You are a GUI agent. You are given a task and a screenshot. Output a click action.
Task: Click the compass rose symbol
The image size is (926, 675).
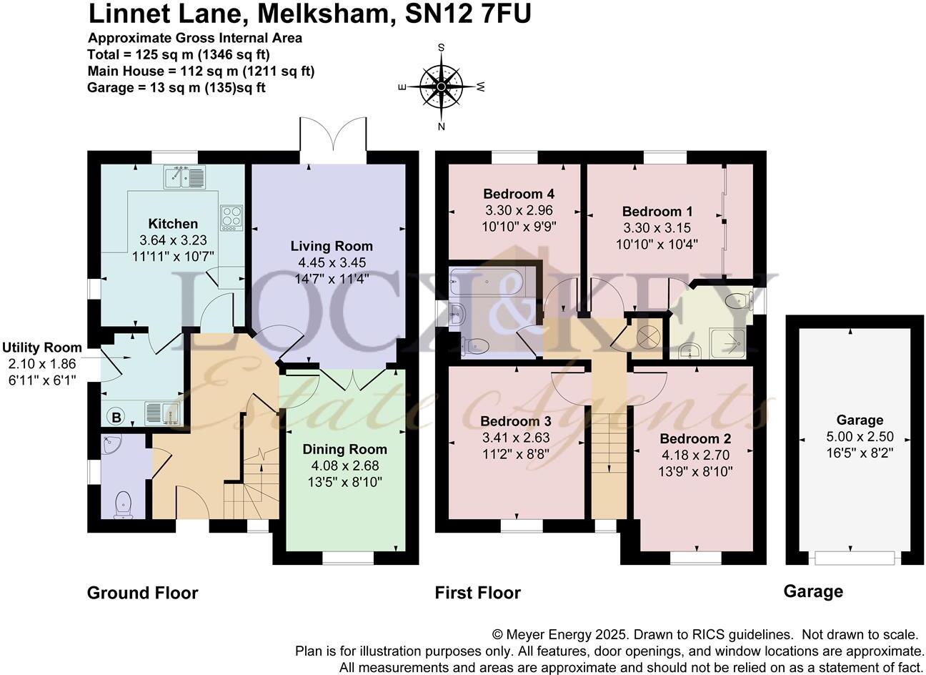pos(441,87)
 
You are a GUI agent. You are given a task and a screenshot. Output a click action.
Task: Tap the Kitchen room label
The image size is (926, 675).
pos(173,224)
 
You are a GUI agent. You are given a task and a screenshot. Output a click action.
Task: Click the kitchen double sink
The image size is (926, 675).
pos(184,177)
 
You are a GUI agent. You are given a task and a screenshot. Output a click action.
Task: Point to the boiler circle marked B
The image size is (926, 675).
pos(114,417)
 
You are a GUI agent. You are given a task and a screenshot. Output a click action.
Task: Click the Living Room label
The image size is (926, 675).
pos(332,246)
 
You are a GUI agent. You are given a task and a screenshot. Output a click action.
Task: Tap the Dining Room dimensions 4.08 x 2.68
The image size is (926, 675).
pos(345,465)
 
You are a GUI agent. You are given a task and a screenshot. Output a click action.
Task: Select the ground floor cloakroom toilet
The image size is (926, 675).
pos(124,504)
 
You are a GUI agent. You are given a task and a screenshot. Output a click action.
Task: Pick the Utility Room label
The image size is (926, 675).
pos(41,348)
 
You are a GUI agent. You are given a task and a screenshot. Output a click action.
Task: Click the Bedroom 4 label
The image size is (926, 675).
pos(519,194)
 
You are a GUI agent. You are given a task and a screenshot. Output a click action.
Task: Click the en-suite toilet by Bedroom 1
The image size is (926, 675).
pos(737,302)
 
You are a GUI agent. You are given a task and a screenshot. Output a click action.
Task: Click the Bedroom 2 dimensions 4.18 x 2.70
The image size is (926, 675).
pos(695,455)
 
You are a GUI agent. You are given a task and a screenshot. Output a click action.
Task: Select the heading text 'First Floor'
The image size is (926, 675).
pos(477,593)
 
